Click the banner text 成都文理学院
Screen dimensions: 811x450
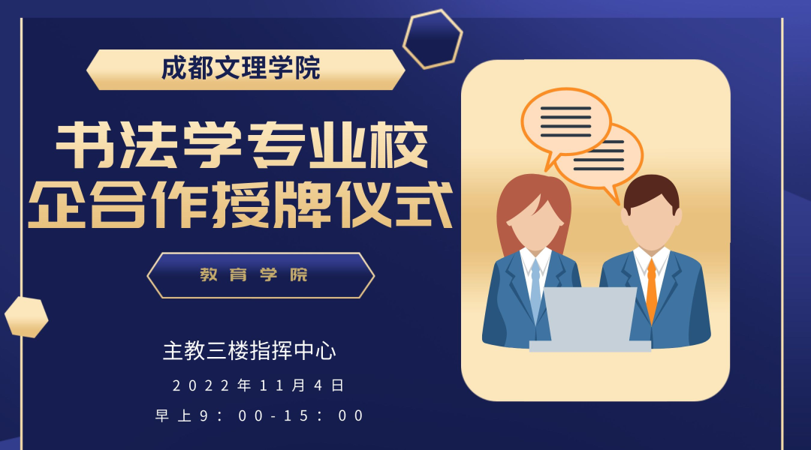pos(241,68)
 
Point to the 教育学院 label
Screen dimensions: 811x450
pos(254,274)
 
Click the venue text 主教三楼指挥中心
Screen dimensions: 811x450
pos(249,351)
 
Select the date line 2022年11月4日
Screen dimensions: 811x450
pos(258,385)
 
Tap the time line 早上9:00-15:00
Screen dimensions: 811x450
pos(260,415)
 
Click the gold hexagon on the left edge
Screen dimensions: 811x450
pos(26,317)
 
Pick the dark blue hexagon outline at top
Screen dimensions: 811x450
pos(433,39)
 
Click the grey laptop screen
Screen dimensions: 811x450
pos(590,314)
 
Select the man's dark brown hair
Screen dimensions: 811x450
pos(651,190)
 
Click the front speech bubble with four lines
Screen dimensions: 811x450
pos(566,124)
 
